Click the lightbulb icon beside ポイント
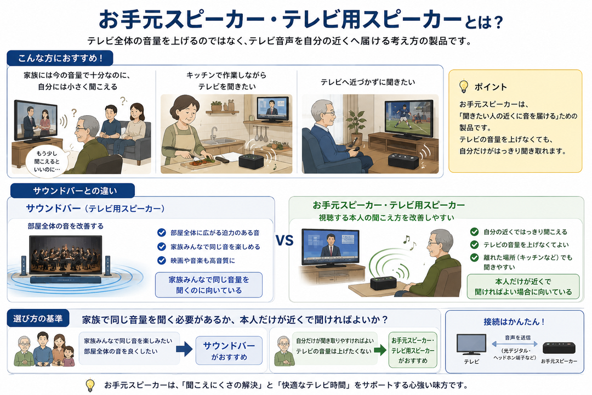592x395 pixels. [x=464, y=87]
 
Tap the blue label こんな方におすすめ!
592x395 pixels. [x=60, y=58]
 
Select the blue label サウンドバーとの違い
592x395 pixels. [x=72, y=191]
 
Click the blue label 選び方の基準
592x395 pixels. [x=38, y=319]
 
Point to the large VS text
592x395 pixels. [x=284, y=241]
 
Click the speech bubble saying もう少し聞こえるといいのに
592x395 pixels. [x=47, y=161]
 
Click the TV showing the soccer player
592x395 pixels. [x=408, y=119]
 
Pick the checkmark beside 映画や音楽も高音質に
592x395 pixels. [x=162, y=261]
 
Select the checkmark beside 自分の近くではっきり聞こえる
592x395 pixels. [x=474, y=232]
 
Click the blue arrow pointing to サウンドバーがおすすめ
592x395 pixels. [x=184, y=349]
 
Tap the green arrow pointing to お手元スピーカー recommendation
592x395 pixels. [x=380, y=350]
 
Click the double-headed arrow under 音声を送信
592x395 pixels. [x=515, y=344]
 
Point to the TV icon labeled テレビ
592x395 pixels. [x=471, y=345]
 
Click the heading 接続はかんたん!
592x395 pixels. [x=514, y=321]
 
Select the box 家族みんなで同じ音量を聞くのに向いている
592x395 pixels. [x=209, y=285]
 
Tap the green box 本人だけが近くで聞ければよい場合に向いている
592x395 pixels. [x=523, y=286]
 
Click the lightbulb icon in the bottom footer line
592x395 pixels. [x=90, y=385]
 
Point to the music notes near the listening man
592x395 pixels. [x=409, y=242]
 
